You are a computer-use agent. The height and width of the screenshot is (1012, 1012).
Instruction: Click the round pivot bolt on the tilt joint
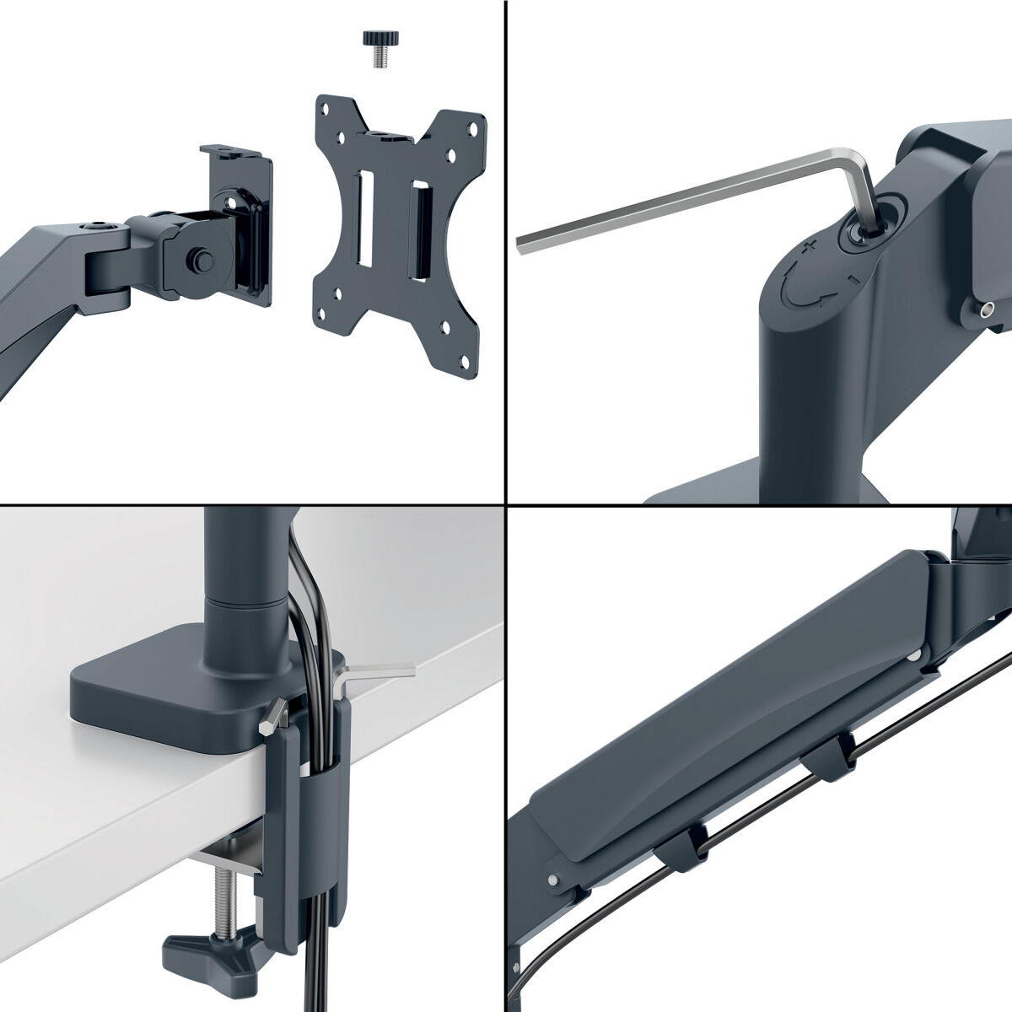201,258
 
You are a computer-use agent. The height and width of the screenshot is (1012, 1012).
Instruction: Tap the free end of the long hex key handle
522,243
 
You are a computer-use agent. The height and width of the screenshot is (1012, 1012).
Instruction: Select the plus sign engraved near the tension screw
809,245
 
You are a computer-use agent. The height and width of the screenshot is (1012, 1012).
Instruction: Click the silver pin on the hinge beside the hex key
982,310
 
